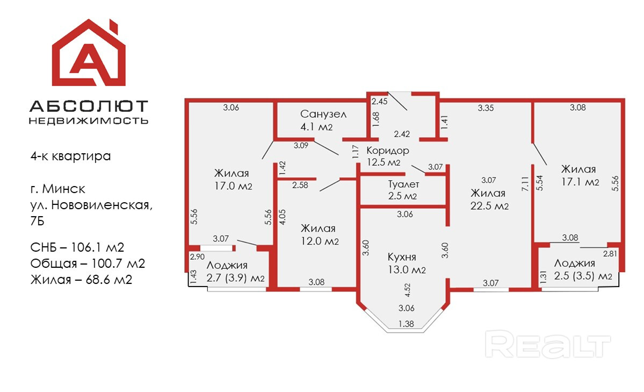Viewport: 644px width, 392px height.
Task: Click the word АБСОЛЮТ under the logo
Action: coord(89,105)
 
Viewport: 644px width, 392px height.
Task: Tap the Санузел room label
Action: coord(323,114)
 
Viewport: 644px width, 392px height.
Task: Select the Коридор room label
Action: coord(388,151)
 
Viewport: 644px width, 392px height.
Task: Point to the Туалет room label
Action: coord(403,184)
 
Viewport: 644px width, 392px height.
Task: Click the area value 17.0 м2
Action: coord(233,186)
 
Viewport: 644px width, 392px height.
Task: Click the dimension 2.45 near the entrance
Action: coord(380,101)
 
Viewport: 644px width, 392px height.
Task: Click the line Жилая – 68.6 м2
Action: coord(81,280)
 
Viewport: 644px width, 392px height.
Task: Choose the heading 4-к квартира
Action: coord(70,156)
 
